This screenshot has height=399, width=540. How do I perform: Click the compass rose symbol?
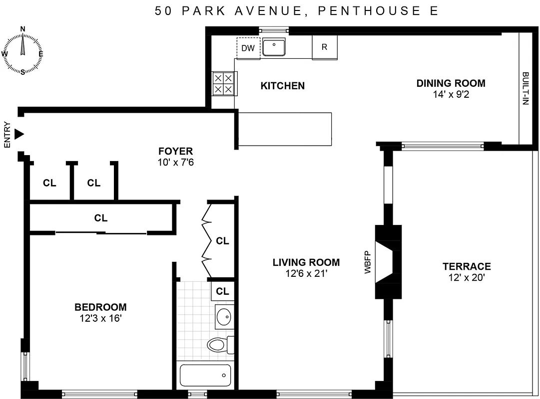pyautogui.click(x=22, y=50)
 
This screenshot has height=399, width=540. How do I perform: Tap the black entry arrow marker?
pyautogui.click(x=19, y=134)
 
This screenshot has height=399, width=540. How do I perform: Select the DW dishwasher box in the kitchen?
pyautogui.click(x=248, y=48)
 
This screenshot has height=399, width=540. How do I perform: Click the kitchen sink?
pyautogui.click(x=274, y=47)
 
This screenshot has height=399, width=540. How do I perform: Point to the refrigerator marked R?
pyautogui.click(x=324, y=47)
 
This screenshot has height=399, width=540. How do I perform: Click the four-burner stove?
pyautogui.click(x=223, y=83)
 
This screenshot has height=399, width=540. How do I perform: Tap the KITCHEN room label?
pyautogui.click(x=282, y=86)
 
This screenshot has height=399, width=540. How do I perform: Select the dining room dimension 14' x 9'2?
pyautogui.click(x=451, y=94)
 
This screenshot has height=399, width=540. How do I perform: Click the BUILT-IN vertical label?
pyautogui.click(x=525, y=88)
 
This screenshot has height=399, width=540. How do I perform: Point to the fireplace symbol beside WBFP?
pyautogui.click(x=388, y=262)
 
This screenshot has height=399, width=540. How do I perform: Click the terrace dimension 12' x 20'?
pyautogui.click(x=466, y=278)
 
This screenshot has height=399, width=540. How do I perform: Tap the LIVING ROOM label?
pyautogui.click(x=306, y=262)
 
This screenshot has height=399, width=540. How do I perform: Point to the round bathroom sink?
pyautogui.click(x=224, y=316)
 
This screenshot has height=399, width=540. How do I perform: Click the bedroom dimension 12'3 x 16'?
pyautogui.click(x=100, y=318)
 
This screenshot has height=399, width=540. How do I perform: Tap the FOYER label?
pyautogui.click(x=175, y=151)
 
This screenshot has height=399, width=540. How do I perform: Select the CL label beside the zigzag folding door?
pyautogui.click(x=222, y=241)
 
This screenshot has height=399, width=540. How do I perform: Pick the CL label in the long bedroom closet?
pyautogui.click(x=100, y=218)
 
